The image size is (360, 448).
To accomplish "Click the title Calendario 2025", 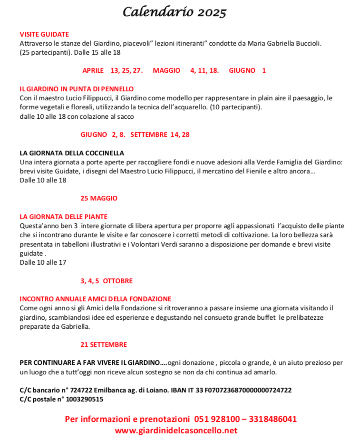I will (x=174, y=12).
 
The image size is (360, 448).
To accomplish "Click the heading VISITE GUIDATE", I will (x=44, y=34).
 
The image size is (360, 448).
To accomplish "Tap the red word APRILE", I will (x=93, y=70).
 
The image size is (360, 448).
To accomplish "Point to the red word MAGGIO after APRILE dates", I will (x=166, y=70).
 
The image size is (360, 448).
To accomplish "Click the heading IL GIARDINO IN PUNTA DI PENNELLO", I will (x=77, y=89).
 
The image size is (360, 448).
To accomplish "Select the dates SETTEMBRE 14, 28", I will (x=160, y=134).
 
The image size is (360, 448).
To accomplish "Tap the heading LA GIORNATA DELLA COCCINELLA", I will (x=72, y=153).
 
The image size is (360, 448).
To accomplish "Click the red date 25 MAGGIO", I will (x=99, y=198).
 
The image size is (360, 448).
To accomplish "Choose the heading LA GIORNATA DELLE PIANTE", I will (x=64, y=217).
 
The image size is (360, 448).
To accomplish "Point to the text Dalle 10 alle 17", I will (x=43, y=262).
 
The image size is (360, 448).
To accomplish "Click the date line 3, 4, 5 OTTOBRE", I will (x=107, y=281).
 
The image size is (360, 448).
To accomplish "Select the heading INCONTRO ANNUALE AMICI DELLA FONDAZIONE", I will (x=95, y=299).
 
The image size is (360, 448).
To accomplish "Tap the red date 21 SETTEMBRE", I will (x=104, y=344).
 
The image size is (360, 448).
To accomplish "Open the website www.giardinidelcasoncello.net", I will (x=176, y=431).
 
